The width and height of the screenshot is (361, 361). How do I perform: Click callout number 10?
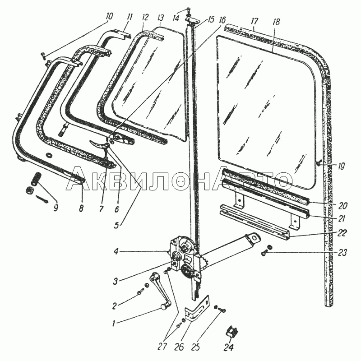pos(109,17)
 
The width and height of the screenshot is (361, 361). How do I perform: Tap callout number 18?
pos(276,22)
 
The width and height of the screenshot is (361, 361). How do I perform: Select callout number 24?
pos(228,347)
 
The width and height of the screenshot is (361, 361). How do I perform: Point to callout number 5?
pos(116,225)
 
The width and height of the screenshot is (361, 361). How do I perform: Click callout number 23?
pos(342,253)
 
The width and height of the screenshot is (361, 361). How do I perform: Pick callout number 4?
pos(116,251)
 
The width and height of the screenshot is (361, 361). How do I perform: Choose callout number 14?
pos(176,18)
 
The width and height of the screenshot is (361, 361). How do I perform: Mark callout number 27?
pos(162,347)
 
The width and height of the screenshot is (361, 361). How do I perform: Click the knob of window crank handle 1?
pos(164,306)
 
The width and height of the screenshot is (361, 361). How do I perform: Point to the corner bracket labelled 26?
pos(198,308)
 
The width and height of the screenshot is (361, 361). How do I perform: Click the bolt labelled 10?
pos(44,56)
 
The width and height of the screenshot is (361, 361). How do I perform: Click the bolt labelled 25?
pos(220,309)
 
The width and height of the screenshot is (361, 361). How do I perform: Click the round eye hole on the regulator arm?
pos(254,238)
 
